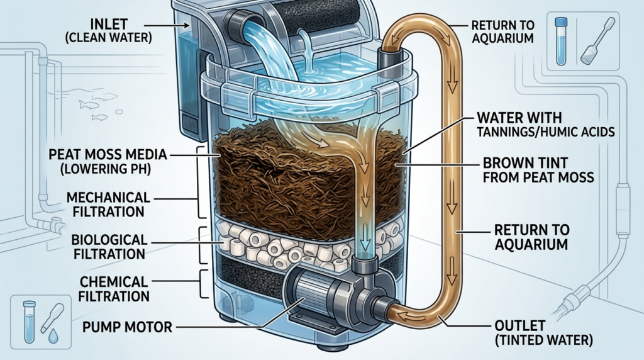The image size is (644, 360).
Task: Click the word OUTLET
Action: [516, 326]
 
